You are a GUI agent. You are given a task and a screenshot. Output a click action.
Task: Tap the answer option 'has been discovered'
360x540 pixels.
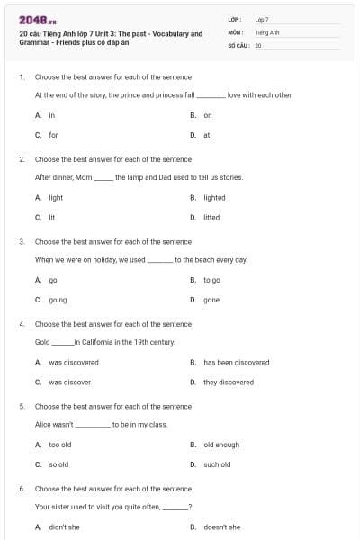click(236, 362)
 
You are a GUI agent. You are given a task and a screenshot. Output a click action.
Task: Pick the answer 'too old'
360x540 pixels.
click(60, 445)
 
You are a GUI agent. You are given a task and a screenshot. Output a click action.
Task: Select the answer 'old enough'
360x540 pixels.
click(221, 445)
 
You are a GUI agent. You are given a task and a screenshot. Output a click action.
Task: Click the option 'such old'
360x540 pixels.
click(217, 464)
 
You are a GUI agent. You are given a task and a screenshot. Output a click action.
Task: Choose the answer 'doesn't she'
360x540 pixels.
click(221, 526)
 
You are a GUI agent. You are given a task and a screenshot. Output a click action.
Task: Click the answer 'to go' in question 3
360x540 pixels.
click(212, 280)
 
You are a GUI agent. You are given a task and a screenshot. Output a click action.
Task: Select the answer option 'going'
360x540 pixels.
click(58, 300)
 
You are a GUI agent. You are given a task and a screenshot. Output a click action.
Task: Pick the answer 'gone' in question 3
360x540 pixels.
click(211, 300)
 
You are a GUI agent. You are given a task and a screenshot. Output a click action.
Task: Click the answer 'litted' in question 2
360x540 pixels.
click(211, 217)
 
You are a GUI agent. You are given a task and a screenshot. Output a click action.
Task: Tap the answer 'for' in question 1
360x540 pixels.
click(53, 135)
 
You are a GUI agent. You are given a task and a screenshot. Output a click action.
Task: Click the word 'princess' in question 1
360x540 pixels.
click(166, 94)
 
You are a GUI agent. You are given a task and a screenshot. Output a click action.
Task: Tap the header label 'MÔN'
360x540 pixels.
click(235, 31)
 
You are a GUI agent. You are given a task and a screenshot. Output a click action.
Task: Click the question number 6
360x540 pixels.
click(22, 489)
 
